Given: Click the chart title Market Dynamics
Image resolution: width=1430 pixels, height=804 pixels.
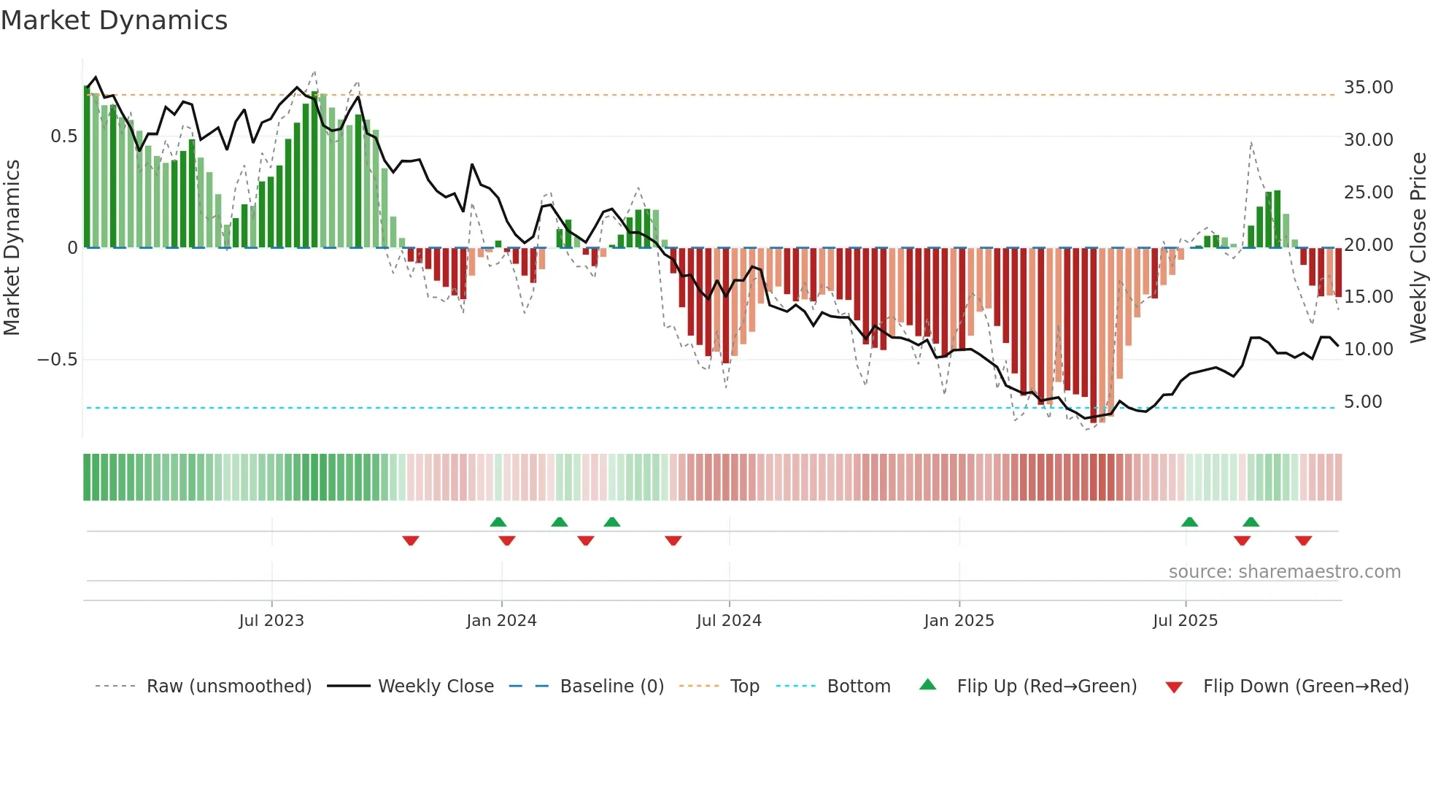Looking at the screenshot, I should coord(114,20).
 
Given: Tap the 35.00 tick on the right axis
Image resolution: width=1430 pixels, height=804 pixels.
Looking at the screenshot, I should coord(1368,88).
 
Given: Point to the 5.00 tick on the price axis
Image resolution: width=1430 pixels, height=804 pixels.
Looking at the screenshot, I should coord(1362,402).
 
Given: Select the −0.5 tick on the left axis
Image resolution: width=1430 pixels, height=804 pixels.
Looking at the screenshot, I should coord(57,360).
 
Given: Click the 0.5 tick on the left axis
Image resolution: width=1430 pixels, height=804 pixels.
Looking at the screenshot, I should coord(63,136).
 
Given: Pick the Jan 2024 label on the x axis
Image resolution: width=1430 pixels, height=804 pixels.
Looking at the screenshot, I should coord(501,621).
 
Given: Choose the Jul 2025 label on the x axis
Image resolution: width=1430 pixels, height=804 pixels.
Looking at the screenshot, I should coord(1185,621).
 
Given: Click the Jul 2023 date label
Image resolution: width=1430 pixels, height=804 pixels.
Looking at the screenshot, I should coord(271,621).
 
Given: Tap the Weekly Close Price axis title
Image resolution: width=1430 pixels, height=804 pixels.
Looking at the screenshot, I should coord(1418,248).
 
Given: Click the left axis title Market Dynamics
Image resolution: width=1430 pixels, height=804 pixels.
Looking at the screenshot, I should coord(12,248).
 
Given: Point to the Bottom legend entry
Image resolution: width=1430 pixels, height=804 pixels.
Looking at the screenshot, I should coord(858,687).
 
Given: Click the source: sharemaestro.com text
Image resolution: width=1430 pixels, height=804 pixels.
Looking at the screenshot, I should coord(1284,572).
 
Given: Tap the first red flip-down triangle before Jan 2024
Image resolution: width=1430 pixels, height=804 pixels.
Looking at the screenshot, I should coord(411,541).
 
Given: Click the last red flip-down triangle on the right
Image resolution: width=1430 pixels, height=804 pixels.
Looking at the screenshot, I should coord(1304,541).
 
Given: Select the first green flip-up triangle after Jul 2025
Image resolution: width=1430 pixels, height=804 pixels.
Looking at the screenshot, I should coord(1189,522).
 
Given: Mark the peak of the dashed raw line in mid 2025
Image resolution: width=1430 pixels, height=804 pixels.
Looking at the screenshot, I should coord(1251,142).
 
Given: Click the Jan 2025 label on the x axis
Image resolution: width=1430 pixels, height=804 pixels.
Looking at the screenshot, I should coord(959,621).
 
